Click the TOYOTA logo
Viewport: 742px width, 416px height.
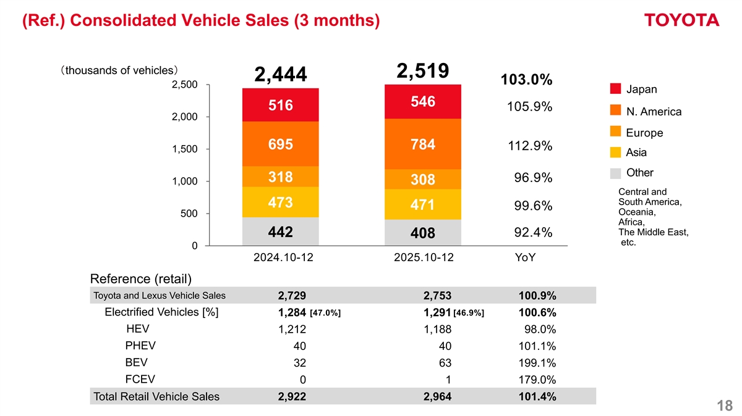pos(681,20)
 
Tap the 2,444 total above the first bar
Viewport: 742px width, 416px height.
pos(280,75)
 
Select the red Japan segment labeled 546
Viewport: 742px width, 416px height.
pos(422,101)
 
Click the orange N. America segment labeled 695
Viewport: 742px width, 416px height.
pos(280,144)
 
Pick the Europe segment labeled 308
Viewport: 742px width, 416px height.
pos(422,180)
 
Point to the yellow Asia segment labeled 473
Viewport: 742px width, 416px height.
pos(280,202)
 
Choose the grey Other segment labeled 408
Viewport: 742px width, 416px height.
pos(422,233)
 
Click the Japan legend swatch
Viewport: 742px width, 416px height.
pos(615,89)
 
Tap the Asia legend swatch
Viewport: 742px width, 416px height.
pos(615,152)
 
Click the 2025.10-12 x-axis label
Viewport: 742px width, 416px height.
pos(423,257)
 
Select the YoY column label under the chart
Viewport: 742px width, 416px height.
pos(525,257)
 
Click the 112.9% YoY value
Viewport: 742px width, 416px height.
pos(529,146)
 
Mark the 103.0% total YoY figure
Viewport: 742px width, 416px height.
pos(526,80)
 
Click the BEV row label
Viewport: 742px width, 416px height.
pos(135,362)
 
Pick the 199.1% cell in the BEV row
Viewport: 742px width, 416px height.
pos(537,362)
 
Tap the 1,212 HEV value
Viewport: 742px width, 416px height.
pos(292,329)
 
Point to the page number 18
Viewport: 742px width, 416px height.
pos(725,406)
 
